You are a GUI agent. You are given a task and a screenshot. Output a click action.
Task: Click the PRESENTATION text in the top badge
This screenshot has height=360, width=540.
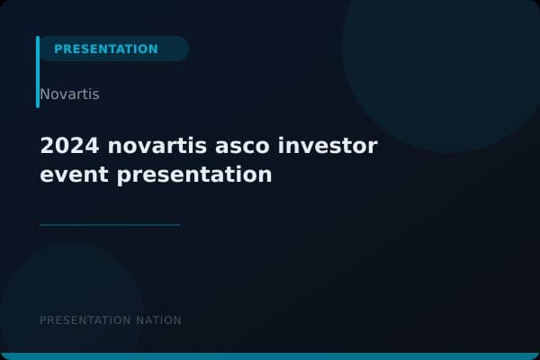click(105, 49)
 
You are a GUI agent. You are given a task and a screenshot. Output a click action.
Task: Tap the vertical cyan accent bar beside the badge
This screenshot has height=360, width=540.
click(38, 72)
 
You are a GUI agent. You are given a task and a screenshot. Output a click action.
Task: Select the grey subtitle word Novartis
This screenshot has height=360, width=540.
click(69, 94)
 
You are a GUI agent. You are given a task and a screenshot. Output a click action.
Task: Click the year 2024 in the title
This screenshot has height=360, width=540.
click(64, 146)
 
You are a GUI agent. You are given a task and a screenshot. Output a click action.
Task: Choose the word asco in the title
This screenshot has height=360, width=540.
click(235, 146)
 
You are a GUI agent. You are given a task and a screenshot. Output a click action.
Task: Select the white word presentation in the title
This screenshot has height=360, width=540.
click(194, 175)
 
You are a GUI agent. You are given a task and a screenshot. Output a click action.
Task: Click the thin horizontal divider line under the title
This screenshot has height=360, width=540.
click(110, 224)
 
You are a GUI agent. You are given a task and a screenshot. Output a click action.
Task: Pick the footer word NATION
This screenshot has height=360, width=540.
click(158, 320)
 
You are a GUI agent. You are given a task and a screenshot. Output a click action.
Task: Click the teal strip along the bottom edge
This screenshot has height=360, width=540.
click(270, 356)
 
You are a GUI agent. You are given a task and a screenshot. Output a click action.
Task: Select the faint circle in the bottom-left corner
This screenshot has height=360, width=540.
click(63, 301)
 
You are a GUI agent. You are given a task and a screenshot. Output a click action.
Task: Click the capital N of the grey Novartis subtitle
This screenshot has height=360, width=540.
click(45, 94)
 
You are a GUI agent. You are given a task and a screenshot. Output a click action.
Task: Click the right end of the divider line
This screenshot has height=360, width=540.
click(178, 224)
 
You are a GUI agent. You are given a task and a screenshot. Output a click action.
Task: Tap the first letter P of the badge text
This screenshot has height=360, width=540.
click(58, 49)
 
